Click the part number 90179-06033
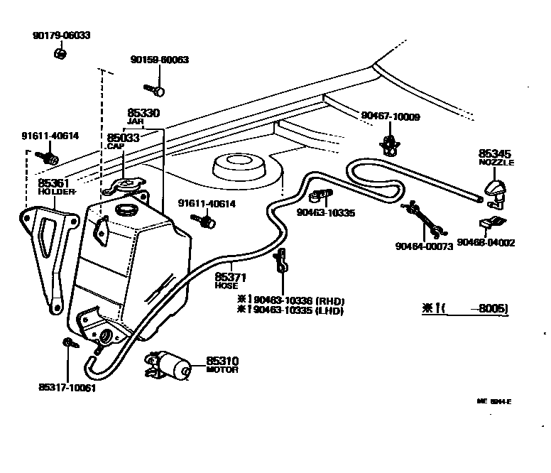click(x=61, y=35)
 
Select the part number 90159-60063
click(x=159, y=60)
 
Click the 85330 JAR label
click(x=143, y=116)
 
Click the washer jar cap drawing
click(x=127, y=185)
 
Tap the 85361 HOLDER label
click(x=54, y=187)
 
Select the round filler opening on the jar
click(x=128, y=211)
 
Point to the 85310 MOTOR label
click(x=222, y=365)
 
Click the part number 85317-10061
click(x=67, y=388)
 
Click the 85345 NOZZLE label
click(x=496, y=157)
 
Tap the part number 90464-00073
click(x=424, y=247)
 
